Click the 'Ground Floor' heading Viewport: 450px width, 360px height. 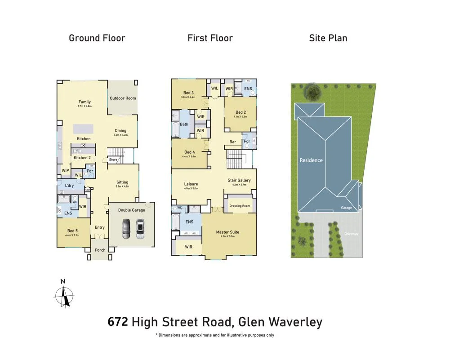[97, 38]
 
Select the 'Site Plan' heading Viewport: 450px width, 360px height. [328, 38]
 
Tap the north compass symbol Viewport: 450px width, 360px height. [64, 294]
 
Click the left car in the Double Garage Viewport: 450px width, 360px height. [127, 229]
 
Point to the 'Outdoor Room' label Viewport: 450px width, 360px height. [123, 98]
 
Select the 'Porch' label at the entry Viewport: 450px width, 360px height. [100, 250]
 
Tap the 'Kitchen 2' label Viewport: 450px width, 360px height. [82, 158]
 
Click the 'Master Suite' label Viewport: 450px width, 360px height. [227, 232]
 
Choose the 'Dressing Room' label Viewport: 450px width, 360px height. [239, 206]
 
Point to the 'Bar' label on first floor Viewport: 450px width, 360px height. [233, 142]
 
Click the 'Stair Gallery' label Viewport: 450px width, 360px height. [239, 180]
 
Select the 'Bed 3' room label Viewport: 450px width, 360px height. [188, 93]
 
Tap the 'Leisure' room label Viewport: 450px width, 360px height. [191, 184]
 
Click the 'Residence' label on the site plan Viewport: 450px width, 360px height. [311, 160]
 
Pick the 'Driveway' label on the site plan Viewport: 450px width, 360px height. [350, 234]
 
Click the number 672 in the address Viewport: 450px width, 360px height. [118, 322]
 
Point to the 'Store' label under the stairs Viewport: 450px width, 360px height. [113, 160]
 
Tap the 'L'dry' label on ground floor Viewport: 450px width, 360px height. [69, 186]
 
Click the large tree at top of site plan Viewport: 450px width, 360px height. [312, 92]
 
